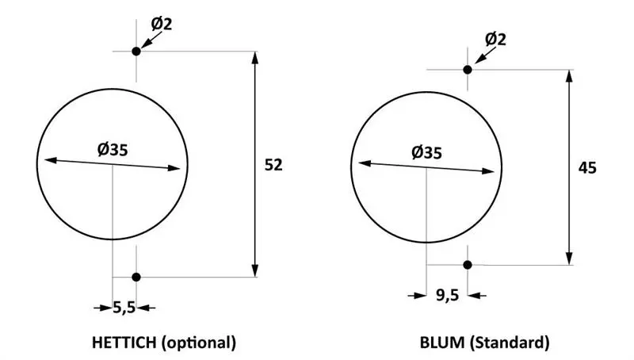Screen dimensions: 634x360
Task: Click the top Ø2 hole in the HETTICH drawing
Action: [x=136, y=52]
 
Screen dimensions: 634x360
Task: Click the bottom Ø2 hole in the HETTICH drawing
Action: [x=136, y=277]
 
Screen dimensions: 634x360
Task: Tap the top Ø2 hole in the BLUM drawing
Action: [x=468, y=70]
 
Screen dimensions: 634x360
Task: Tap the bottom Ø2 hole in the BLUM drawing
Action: [x=468, y=265]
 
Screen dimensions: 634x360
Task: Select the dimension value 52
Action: [x=273, y=165]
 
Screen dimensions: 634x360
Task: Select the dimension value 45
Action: [x=587, y=168]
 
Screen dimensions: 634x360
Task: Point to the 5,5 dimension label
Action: [x=124, y=308]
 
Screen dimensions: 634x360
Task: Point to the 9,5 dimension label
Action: [x=447, y=295]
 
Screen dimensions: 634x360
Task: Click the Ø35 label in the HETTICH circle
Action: [x=113, y=150]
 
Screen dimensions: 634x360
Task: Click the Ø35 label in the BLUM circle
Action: [x=426, y=153]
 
